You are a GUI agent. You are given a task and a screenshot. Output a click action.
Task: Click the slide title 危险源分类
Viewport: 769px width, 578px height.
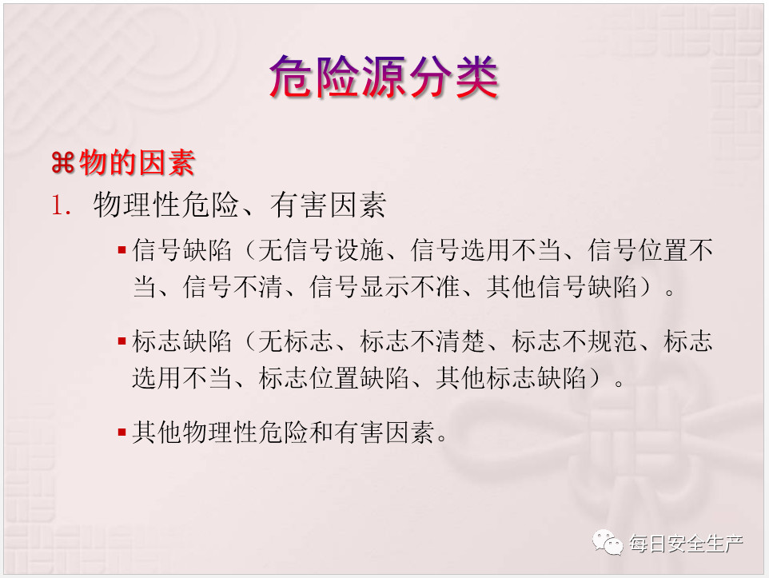[384, 77]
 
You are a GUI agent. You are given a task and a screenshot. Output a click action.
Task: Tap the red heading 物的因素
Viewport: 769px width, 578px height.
[137, 162]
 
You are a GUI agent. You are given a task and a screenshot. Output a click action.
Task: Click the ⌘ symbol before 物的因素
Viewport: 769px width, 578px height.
[63, 163]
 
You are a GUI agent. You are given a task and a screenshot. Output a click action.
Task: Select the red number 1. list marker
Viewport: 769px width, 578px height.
[61, 205]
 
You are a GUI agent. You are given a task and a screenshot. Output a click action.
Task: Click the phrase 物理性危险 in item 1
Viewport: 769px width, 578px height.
[165, 205]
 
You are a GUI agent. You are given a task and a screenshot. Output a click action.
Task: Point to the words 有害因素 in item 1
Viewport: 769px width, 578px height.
[328, 205]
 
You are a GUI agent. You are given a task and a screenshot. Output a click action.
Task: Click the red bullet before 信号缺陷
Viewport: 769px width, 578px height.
[122, 250]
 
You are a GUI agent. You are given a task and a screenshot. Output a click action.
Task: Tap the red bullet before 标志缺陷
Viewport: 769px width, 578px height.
[122, 341]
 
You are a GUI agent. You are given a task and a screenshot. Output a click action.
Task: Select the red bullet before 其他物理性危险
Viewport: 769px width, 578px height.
[122, 433]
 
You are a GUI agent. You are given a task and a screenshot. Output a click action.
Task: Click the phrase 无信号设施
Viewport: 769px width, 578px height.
[321, 249]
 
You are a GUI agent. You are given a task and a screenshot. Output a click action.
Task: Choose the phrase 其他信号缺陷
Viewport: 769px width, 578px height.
[561, 286]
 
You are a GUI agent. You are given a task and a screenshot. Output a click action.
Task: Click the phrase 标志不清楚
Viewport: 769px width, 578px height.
[423, 341]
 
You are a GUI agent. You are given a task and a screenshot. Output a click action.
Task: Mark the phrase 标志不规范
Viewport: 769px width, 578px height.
[574, 341]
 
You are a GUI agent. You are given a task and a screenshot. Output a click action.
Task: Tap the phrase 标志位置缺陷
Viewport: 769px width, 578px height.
[334, 378]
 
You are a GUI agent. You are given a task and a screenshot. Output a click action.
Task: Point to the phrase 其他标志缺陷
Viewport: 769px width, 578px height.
[511, 378]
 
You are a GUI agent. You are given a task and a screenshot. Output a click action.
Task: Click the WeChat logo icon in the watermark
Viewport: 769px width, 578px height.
[608, 543]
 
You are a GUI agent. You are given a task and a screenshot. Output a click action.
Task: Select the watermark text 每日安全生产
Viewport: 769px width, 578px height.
[687, 544]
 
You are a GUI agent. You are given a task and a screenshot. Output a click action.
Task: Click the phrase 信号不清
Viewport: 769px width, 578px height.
[233, 286]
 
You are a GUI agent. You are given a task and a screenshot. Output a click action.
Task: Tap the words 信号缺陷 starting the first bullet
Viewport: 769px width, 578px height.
[182, 249]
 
